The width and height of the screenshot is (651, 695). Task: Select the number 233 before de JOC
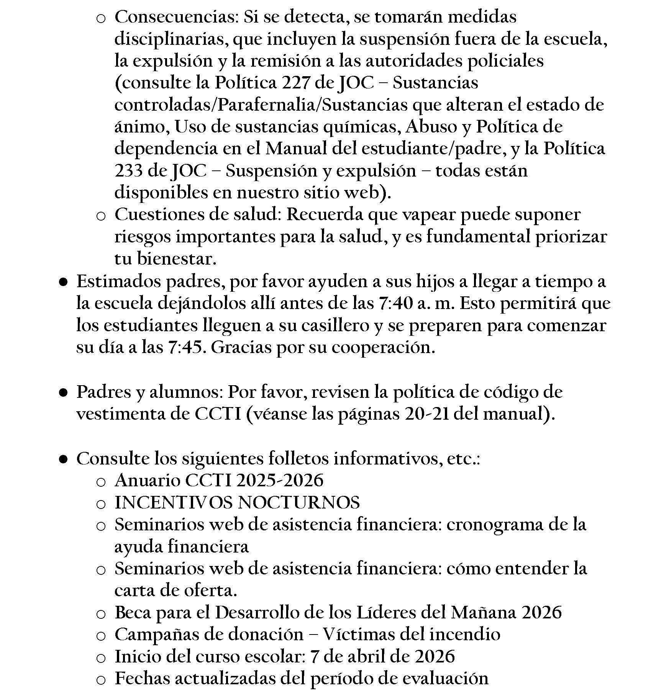tap(128, 171)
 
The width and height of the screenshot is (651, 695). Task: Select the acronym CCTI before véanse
tap(218, 414)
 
